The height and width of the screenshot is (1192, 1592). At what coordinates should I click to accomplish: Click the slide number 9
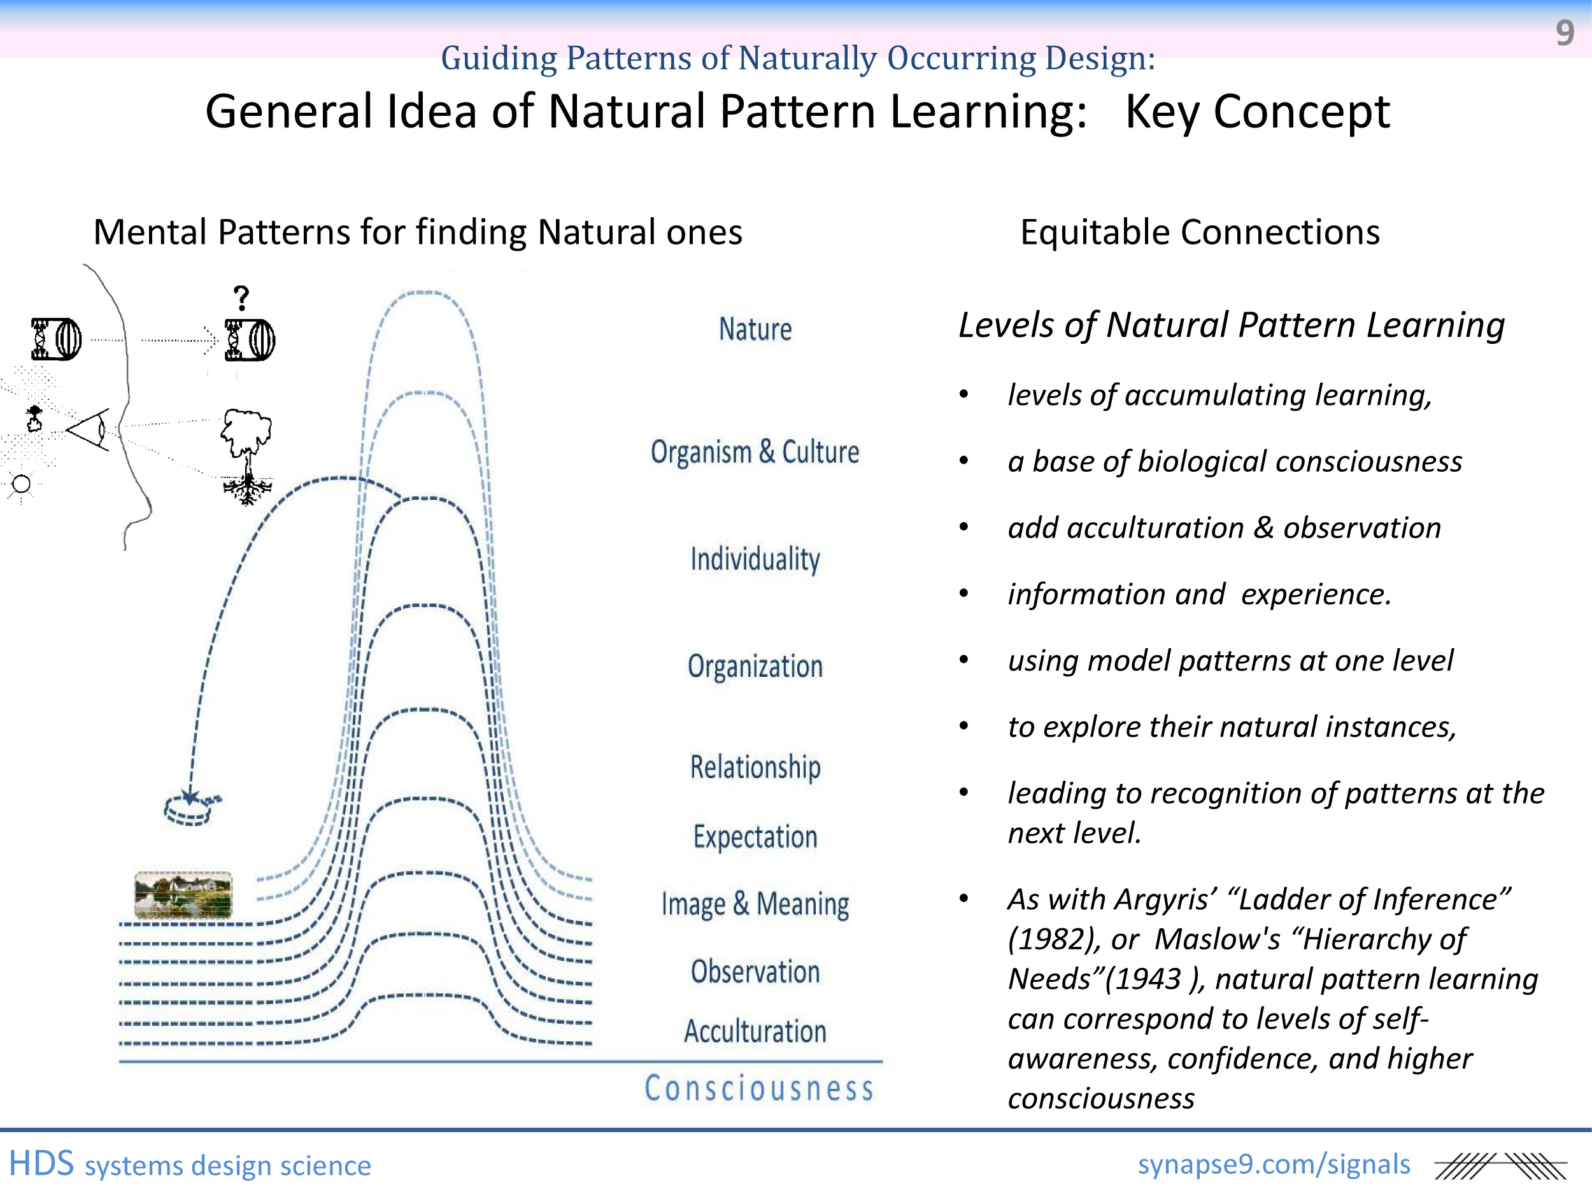click(1565, 32)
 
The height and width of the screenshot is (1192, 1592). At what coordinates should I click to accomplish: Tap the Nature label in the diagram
click(755, 330)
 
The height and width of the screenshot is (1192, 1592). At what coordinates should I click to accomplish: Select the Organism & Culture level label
click(755, 452)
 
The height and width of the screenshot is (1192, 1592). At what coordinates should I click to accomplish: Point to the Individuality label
click(755, 559)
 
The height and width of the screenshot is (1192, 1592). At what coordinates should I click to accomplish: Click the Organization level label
click(755, 667)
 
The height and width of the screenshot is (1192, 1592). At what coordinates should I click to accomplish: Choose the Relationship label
click(755, 767)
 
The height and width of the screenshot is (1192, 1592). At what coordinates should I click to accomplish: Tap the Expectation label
click(755, 837)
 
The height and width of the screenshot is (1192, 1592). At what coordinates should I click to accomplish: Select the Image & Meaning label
click(755, 904)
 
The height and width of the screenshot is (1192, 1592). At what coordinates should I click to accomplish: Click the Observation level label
click(755, 972)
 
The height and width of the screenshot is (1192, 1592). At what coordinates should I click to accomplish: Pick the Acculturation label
click(755, 1032)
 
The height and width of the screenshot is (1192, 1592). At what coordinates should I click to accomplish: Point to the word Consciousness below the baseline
click(758, 1088)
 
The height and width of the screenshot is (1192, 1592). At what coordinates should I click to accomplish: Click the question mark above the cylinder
click(242, 297)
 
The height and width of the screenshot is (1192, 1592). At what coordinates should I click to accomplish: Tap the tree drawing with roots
click(247, 457)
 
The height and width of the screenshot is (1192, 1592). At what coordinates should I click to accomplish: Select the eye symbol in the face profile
click(89, 430)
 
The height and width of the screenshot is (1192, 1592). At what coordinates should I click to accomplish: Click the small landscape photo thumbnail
click(183, 895)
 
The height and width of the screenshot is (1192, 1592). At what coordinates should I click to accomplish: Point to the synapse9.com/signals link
click(1274, 1164)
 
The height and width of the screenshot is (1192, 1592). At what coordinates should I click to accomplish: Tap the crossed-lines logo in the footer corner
click(1500, 1166)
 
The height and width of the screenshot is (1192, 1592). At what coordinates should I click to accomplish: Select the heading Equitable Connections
click(1200, 232)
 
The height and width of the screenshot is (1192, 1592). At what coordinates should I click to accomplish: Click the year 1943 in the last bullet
click(1148, 979)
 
